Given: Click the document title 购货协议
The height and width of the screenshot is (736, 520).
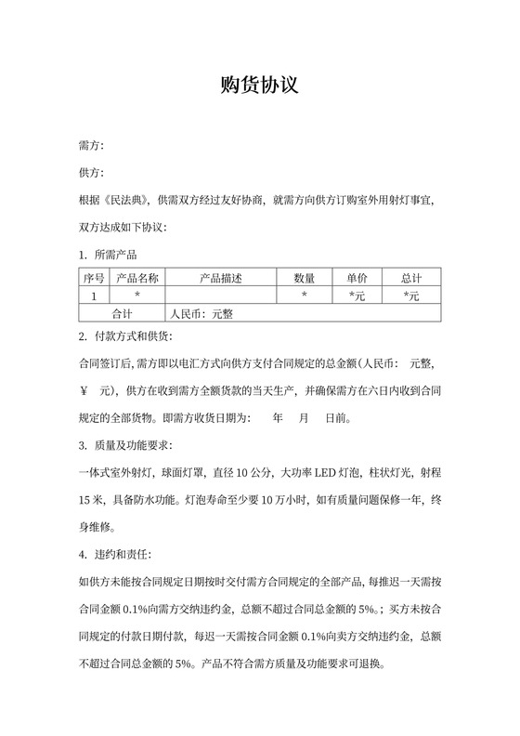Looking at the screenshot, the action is pyautogui.click(x=259, y=85).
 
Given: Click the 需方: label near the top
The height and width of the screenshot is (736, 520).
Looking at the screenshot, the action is pyautogui.click(x=92, y=147).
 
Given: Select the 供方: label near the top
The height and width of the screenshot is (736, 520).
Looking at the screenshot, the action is pyautogui.click(x=92, y=173).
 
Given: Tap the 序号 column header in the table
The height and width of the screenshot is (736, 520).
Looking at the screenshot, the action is pyautogui.click(x=94, y=278).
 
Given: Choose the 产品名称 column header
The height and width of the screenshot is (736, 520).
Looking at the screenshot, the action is pyautogui.click(x=137, y=278).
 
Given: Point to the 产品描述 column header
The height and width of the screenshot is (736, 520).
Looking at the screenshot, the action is pyautogui.click(x=220, y=278).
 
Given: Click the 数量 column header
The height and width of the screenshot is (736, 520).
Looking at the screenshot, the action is pyautogui.click(x=305, y=278).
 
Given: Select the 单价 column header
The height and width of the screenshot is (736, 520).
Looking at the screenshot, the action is pyautogui.click(x=357, y=278).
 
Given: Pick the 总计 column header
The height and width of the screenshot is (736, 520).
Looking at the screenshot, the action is pyautogui.click(x=411, y=278).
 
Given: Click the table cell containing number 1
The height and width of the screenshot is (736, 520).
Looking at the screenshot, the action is pyautogui.click(x=94, y=296).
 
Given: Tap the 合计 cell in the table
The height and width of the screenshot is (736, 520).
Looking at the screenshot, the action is pyautogui.click(x=122, y=313).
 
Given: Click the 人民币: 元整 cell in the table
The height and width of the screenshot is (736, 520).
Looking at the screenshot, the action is pyautogui.click(x=200, y=313).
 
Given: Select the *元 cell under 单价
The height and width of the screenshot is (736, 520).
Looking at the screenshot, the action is pyautogui.click(x=357, y=296).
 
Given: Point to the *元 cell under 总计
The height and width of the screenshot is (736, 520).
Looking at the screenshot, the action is pyautogui.click(x=411, y=296).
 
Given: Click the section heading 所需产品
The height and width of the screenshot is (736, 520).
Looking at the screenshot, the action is pyautogui.click(x=117, y=254).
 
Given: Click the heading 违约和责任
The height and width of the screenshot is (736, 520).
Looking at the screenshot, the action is pyautogui.click(x=124, y=556).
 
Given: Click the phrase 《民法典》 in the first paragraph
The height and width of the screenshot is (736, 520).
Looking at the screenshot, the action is pyautogui.click(x=127, y=199).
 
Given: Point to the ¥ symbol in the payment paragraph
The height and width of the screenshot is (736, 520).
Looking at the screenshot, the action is pyautogui.click(x=84, y=389).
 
